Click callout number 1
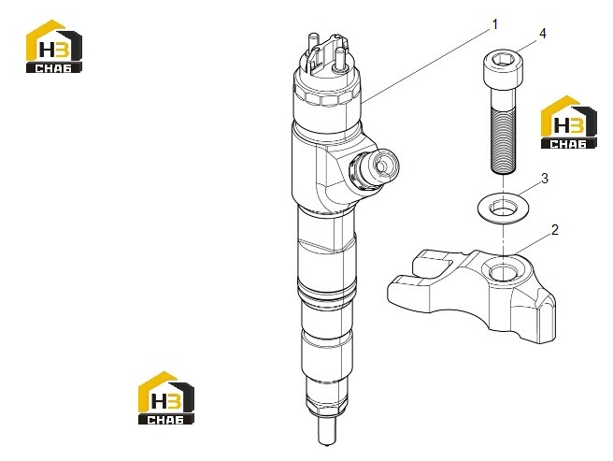495,24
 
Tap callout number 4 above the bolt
543,34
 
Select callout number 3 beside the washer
545,179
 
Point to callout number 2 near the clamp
554,230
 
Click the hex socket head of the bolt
503,65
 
